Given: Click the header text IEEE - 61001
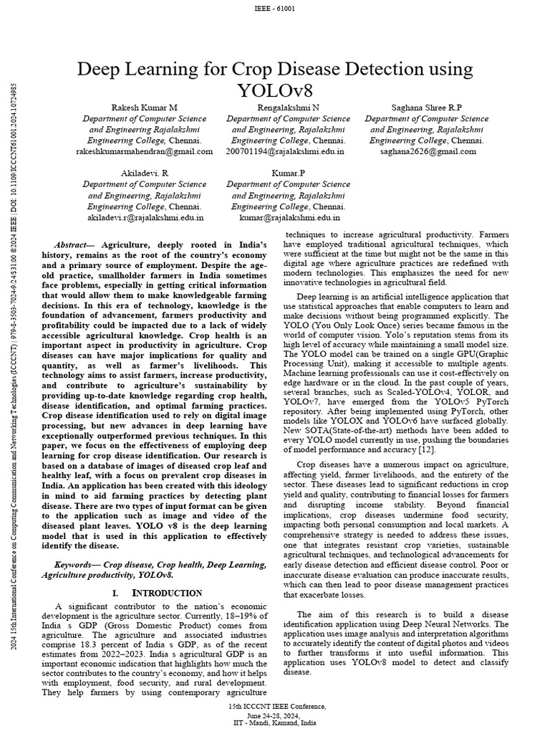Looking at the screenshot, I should pos(275,8).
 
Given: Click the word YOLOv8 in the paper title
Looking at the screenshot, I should pos(275,91).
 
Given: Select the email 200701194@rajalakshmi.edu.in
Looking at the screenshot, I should pos(285,151).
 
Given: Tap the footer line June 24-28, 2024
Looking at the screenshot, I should pos(275,715).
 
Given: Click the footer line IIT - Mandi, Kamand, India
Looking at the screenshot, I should pos(275,723).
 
